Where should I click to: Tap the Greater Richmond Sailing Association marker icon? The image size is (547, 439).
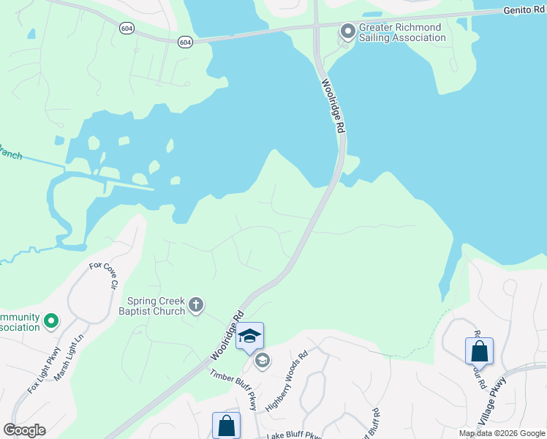[347, 31]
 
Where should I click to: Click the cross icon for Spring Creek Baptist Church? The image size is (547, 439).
[195, 304]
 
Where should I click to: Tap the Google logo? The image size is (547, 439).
[24, 430]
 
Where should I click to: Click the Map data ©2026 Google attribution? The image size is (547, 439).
[501, 433]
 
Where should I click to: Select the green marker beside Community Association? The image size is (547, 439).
[51, 321]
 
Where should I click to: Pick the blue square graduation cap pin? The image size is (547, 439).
[249, 336]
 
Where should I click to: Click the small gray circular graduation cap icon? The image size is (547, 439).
[262, 360]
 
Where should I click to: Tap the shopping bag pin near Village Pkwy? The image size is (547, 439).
[479, 350]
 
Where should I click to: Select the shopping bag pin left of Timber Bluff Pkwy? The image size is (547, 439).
[227, 425]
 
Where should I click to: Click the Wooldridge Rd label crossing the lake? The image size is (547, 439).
[333, 106]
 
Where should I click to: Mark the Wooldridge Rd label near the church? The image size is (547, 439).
[227, 337]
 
